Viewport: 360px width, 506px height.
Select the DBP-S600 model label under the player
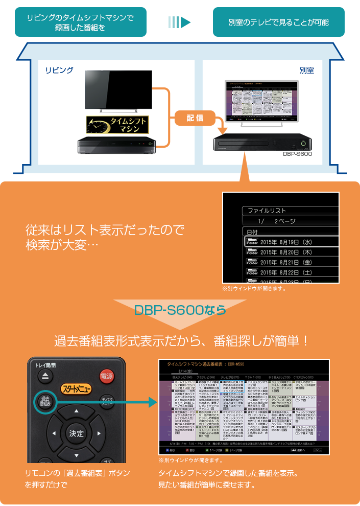[297, 153]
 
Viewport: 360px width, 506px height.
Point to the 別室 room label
[306, 70]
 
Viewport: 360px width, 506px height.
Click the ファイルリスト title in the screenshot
[267, 211]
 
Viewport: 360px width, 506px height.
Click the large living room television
[118, 90]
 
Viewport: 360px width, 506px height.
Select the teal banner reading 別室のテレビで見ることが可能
[278, 22]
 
